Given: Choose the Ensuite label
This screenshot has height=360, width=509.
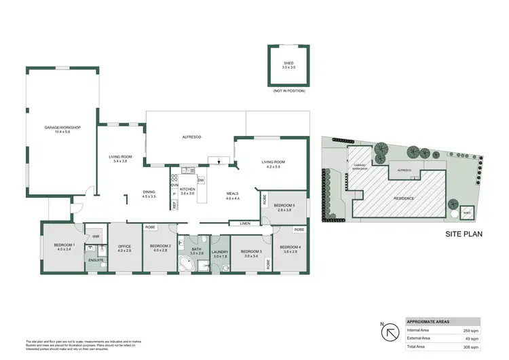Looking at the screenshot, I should coord(96,259).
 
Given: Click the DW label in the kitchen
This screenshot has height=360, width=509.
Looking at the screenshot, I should coord(201,181).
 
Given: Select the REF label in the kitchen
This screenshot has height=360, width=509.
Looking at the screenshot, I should coord(174,203).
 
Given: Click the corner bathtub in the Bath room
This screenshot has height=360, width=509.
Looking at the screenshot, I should coord(184,265).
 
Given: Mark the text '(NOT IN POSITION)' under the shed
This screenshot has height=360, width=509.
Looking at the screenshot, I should coord(288,90).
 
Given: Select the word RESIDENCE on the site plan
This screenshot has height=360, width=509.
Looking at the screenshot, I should coord(404,198).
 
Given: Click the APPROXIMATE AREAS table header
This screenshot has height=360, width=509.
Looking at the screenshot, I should coord(428,321).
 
